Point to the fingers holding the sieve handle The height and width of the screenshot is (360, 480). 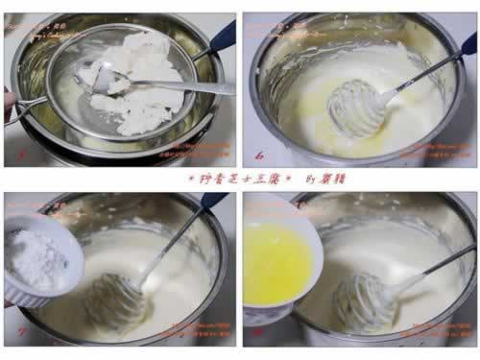(x=9, y=104)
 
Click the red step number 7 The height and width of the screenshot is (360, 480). (x=18, y=338)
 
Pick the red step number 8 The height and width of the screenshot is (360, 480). (x=258, y=338)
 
